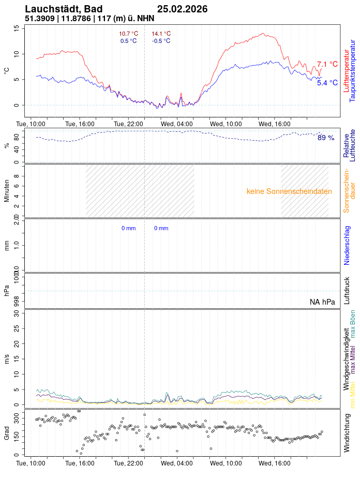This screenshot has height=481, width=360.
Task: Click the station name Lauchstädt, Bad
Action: (x=64, y=9)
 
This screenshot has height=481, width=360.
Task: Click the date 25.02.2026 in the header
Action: (x=182, y=9)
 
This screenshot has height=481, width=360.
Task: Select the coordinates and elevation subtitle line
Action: (x=89, y=18)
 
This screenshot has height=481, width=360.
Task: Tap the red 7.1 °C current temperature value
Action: (x=327, y=64)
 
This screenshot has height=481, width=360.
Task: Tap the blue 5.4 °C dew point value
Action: (x=327, y=83)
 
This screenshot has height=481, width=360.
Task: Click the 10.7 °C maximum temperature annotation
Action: (x=129, y=34)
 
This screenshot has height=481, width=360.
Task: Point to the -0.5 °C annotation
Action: (x=161, y=41)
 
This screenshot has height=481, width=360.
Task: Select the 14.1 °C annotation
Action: (x=161, y=34)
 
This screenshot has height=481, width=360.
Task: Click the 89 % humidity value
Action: (x=326, y=138)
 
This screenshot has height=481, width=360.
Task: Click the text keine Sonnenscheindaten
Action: (x=289, y=191)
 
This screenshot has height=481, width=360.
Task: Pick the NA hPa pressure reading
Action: (x=322, y=302)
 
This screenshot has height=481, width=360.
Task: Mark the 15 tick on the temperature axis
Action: (x=16, y=28)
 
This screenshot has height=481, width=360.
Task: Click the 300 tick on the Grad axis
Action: (x=16, y=415)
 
